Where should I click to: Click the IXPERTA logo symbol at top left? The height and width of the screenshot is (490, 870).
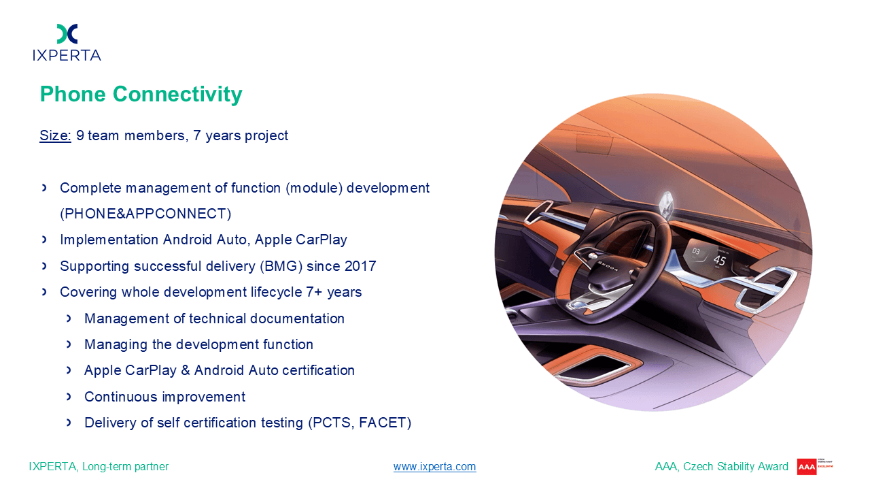pyautogui.click(x=67, y=33)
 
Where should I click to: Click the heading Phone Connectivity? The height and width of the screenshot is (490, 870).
pyautogui.click(x=141, y=94)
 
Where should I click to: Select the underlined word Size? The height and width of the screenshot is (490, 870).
pyautogui.click(x=55, y=135)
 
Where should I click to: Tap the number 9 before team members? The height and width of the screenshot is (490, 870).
pyautogui.click(x=80, y=135)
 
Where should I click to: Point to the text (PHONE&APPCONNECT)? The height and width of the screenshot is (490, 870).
pyautogui.click(x=145, y=214)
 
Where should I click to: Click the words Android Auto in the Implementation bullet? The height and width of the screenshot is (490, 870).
pyautogui.click(x=205, y=240)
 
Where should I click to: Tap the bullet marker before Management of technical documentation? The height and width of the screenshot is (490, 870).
pyautogui.click(x=69, y=318)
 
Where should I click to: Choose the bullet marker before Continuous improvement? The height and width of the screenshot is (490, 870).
pyautogui.click(x=69, y=397)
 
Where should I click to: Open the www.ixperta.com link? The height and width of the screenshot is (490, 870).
pyautogui.click(x=434, y=466)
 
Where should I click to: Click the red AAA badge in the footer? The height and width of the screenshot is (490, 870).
pyautogui.click(x=806, y=467)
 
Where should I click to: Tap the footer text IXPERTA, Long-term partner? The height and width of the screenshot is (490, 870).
pyautogui.click(x=99, y=466)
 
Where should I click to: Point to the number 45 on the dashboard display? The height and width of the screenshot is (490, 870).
pyautogui.click(x=719, y=260)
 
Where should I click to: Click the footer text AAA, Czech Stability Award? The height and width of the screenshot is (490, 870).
pyautogui.click(x=722, y=466)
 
